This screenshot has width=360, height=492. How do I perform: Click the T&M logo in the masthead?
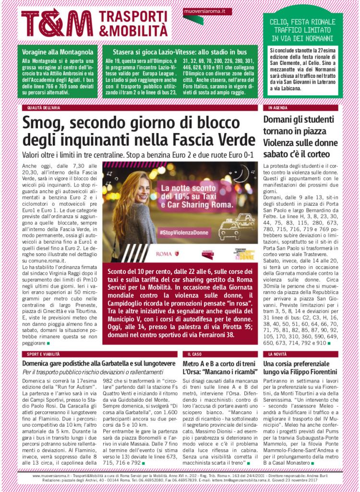(x=57, y=22)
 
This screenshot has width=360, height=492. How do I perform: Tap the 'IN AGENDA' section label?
(x=277, y=108)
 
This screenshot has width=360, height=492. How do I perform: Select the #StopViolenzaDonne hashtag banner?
(x=184, y=232)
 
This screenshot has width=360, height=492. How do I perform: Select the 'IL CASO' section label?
(x=194, y=354)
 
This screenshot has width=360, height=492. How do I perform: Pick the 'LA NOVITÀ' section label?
(x=278, y=354)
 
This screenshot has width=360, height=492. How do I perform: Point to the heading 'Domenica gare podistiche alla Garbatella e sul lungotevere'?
(x=99, y=364)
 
